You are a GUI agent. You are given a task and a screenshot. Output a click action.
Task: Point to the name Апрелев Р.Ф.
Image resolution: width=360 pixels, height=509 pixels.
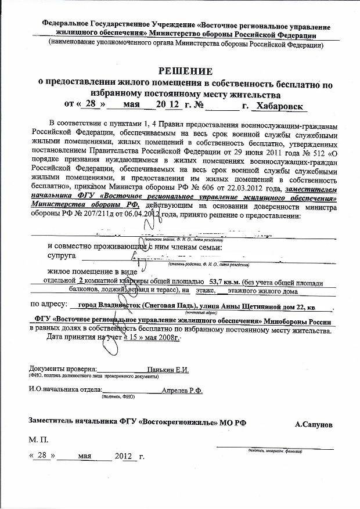point(182,391)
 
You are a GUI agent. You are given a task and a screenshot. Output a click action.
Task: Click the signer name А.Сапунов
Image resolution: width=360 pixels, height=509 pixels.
point(314,425)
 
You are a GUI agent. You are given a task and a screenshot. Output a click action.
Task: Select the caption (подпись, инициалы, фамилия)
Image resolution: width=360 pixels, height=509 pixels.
point(275,450)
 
